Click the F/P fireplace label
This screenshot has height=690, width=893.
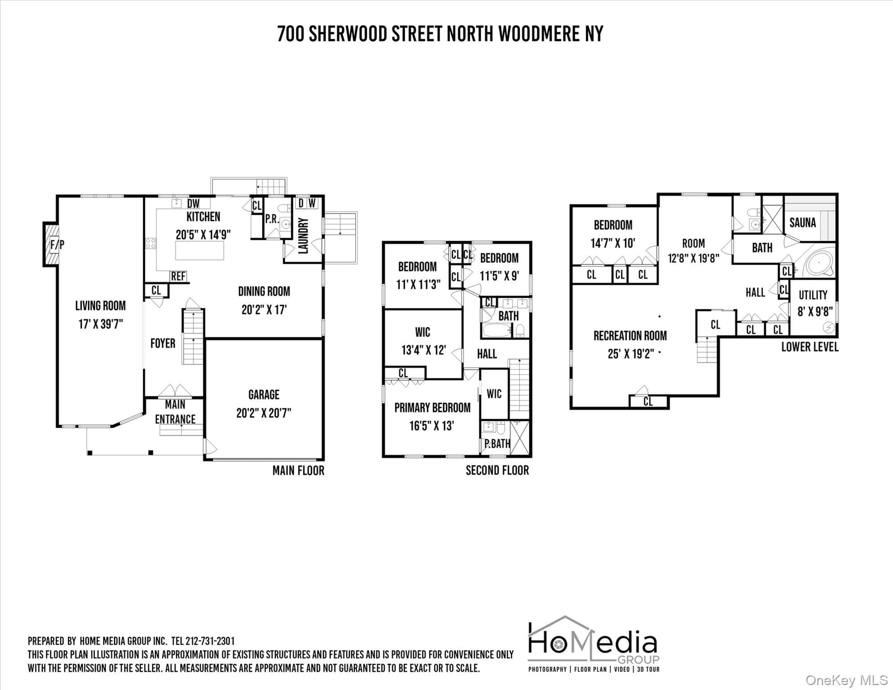57,245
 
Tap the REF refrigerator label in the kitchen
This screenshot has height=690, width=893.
178,276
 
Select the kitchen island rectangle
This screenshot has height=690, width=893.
199,251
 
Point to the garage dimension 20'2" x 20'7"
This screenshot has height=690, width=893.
264,413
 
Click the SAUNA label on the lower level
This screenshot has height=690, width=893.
803,222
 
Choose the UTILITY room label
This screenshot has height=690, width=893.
813,295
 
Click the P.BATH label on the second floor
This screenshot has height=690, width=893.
497,444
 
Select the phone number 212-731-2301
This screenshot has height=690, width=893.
210,641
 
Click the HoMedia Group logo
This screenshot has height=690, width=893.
593,644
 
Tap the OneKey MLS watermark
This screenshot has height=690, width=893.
847,680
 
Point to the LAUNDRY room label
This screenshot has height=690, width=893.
303,236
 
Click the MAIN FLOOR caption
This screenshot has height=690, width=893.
298,470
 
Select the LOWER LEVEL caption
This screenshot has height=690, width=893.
810,347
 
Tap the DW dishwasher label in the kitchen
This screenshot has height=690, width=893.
193,203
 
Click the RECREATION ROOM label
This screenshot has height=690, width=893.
630,336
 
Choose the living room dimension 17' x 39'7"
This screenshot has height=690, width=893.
101,324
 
